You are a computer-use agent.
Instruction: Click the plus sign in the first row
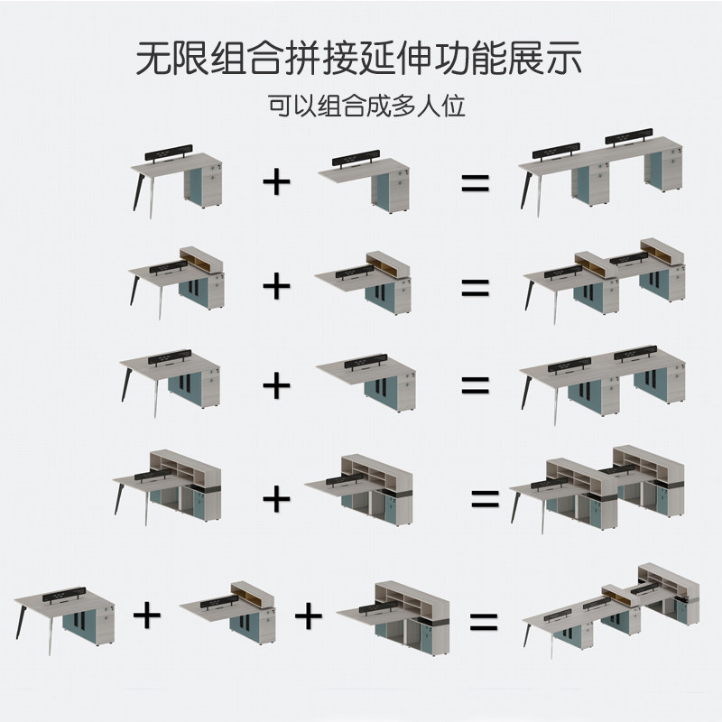[277, 181]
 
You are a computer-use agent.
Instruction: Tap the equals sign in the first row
[475, 183]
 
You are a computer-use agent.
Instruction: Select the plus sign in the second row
[277, 287]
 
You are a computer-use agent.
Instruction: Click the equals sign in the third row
[475, 385]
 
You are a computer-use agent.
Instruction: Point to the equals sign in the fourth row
[484, 498]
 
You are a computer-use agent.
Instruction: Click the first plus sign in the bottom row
[147, 616]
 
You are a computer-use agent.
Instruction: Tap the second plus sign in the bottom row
[308, 616]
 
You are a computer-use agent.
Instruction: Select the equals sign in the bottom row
[484, 621]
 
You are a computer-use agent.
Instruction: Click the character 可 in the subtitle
[279, 106]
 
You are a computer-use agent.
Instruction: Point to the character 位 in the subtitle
[453, 106]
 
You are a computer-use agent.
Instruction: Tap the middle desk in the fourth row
[361, 487]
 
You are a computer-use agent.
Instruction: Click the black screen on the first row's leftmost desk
[173, 153]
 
